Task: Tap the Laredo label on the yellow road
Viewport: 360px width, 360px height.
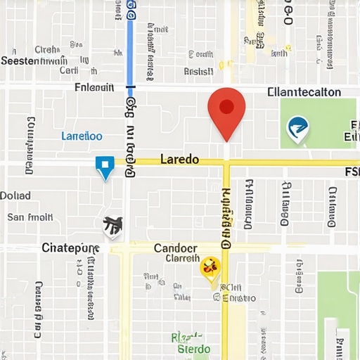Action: (x=179, y=160)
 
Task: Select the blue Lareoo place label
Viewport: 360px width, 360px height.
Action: (x=82, y=136)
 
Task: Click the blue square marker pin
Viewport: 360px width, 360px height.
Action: (x=105, y=167)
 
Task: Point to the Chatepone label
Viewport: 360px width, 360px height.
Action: (x=70, y=247)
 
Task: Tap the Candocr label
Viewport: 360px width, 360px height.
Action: (x=175, y=247)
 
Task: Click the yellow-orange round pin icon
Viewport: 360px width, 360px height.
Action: (x=210, y=267)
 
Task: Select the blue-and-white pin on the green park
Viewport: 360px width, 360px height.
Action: (x=298, y=128)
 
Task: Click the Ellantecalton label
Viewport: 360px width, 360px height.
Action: (x=304, y=92)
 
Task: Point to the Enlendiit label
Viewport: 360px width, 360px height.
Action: (x=94, y=88)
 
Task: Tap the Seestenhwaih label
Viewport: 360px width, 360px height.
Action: (x=34, y=61)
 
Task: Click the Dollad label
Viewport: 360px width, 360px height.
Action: (x=15, y=195)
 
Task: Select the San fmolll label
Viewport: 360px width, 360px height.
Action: (x=30, y=217)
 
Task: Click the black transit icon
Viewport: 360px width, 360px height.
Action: (x=112, y=225)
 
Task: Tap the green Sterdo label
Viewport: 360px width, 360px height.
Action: (x=193, y=349)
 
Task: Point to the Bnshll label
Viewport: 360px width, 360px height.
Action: (x=198, y=71)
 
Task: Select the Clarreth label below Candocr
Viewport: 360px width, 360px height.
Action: (x=183, y=258)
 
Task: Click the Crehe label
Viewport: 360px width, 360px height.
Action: (x=46, y=50)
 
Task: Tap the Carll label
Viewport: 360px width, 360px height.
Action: (x=69, y=70)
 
